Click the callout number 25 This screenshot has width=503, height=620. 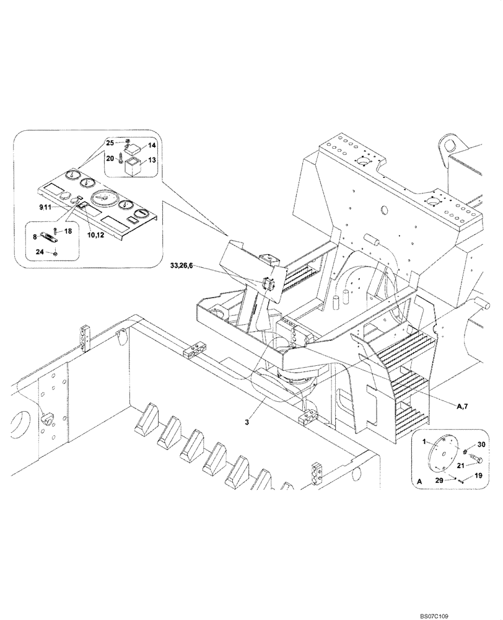(x=109, y=143)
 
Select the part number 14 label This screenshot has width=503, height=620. (x=152, y=146)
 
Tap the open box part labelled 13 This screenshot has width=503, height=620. (x=131, y=167)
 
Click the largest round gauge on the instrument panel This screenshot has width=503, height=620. (x=103, y=198)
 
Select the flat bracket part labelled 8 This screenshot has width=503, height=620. (x=45, y=236)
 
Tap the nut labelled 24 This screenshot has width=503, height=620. (x=56, y=252)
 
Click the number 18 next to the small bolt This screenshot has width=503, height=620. (x=68, y=231)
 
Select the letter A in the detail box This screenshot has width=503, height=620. (x=420, y=480)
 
